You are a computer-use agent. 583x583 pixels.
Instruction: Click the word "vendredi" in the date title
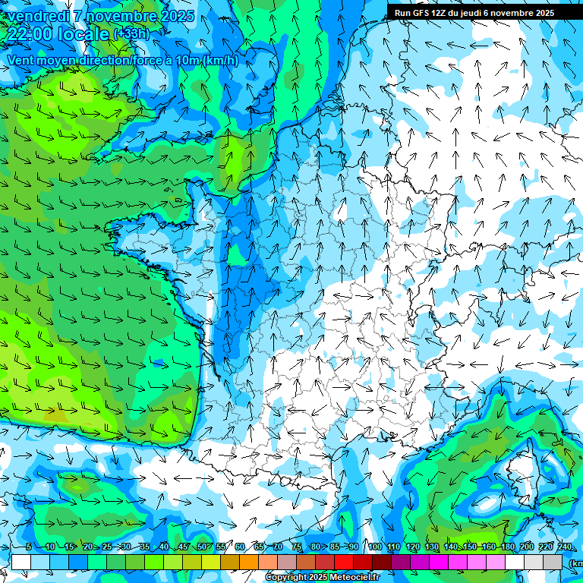click(38, 16)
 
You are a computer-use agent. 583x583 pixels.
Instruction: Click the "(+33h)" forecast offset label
click(131, 34)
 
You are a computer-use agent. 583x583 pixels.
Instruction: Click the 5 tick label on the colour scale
click(28, 547)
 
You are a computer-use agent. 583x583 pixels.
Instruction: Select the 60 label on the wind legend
click(240, 547)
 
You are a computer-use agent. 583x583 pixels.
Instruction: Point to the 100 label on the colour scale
click(374, 547)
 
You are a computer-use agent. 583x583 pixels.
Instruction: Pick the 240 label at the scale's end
click(565, 547)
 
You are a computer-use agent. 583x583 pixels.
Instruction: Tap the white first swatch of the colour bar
click(21, 562)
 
